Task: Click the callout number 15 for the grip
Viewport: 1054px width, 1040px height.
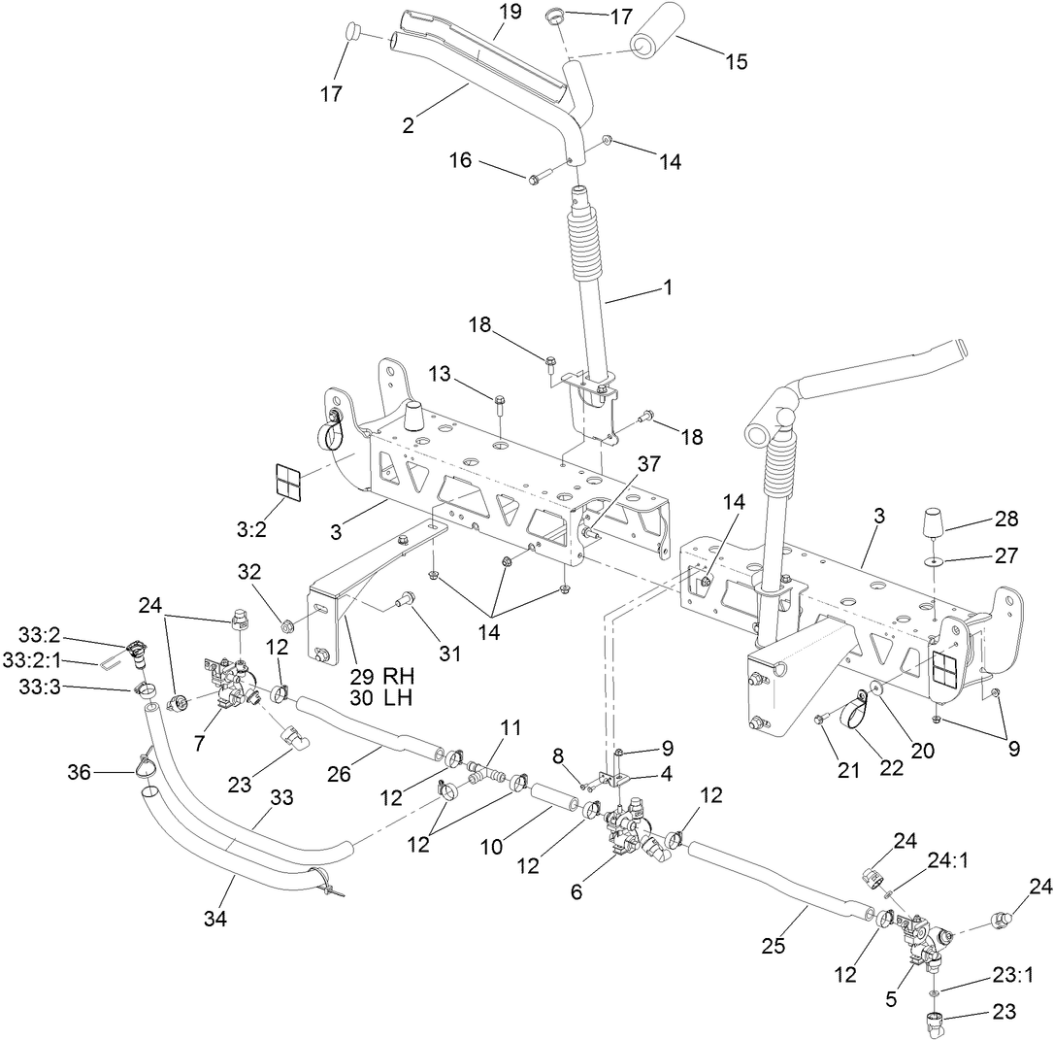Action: coord(736,62)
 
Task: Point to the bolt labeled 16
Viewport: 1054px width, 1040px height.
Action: coord(540,178)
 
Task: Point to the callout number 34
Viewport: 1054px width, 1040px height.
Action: coord(215,919)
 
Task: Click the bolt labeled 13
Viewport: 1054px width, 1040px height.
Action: coord(500,402)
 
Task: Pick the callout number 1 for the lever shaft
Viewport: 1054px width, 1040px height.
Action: coord(667,287)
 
